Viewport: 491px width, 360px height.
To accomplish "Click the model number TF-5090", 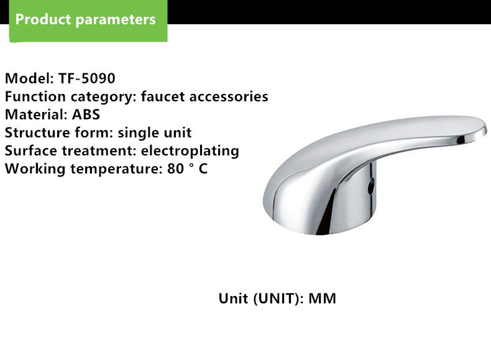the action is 87,78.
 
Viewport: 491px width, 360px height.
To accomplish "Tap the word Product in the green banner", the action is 44,19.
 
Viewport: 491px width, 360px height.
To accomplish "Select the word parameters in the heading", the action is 116,20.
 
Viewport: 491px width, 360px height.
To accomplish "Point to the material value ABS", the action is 86,114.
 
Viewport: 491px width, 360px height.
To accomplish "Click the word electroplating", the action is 190,151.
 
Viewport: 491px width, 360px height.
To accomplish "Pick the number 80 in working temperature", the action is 175,168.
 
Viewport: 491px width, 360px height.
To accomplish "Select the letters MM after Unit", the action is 322,298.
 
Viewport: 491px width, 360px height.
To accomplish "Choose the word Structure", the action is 37,133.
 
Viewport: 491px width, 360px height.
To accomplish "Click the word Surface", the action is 31,150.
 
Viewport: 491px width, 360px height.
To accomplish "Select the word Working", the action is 35,169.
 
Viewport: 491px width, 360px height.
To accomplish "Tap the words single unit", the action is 154,133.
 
